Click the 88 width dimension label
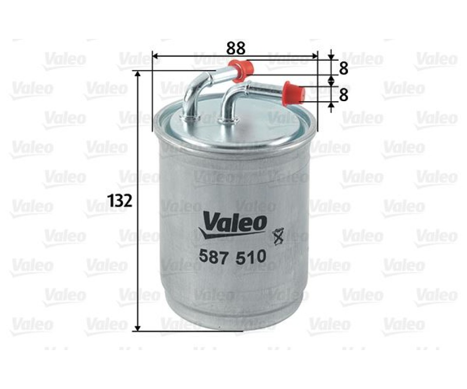click(x=236, y=48)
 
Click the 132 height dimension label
click(x=120, y=201)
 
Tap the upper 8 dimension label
click(x=344, y=69)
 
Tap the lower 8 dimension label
click(x=344, y=95)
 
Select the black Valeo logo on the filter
click(x=233, y=225)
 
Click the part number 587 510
click(x=233, y=257)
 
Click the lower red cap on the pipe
click(x=294, y=93)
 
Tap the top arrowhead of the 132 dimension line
click(x=137, y=73)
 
